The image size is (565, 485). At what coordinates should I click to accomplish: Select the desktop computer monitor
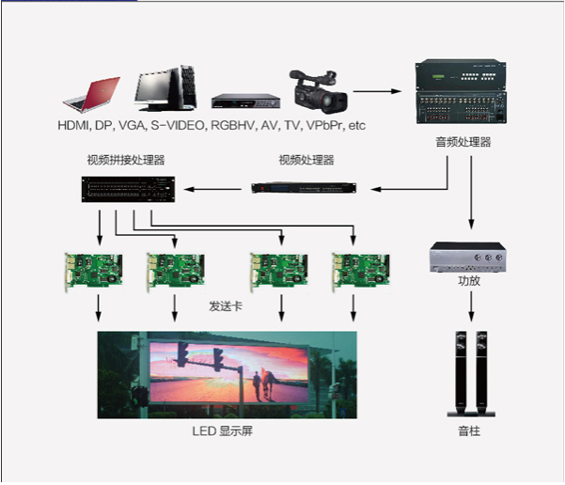pyautogui.click(x=165, y=86)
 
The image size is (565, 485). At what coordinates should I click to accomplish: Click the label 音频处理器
pyautogui.click(x=463, y=143)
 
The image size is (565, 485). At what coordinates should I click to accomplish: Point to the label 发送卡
pyautogui.click(x=225, y=307)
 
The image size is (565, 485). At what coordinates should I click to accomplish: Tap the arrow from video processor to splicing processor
pyautogui.click(x=216, y=190)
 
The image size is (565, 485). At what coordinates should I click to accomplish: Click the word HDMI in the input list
pyautogui.click(x=72, y=124)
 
